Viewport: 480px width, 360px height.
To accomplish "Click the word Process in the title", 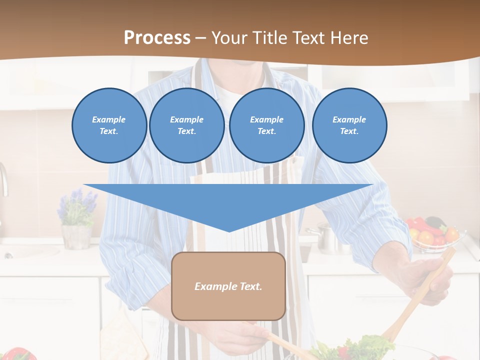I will [157, 38].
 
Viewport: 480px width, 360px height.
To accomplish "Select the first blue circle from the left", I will [109, 125].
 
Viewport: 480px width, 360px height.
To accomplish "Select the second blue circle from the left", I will [187, 125].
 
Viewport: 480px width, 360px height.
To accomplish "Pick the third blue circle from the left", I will [267, 125].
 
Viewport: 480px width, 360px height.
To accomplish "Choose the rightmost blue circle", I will [349, 125].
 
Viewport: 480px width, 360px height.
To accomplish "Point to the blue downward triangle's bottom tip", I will [229, 230].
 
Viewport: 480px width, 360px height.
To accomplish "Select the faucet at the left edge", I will [4, 180].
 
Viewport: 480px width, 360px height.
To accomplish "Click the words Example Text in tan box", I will [228, 286].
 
